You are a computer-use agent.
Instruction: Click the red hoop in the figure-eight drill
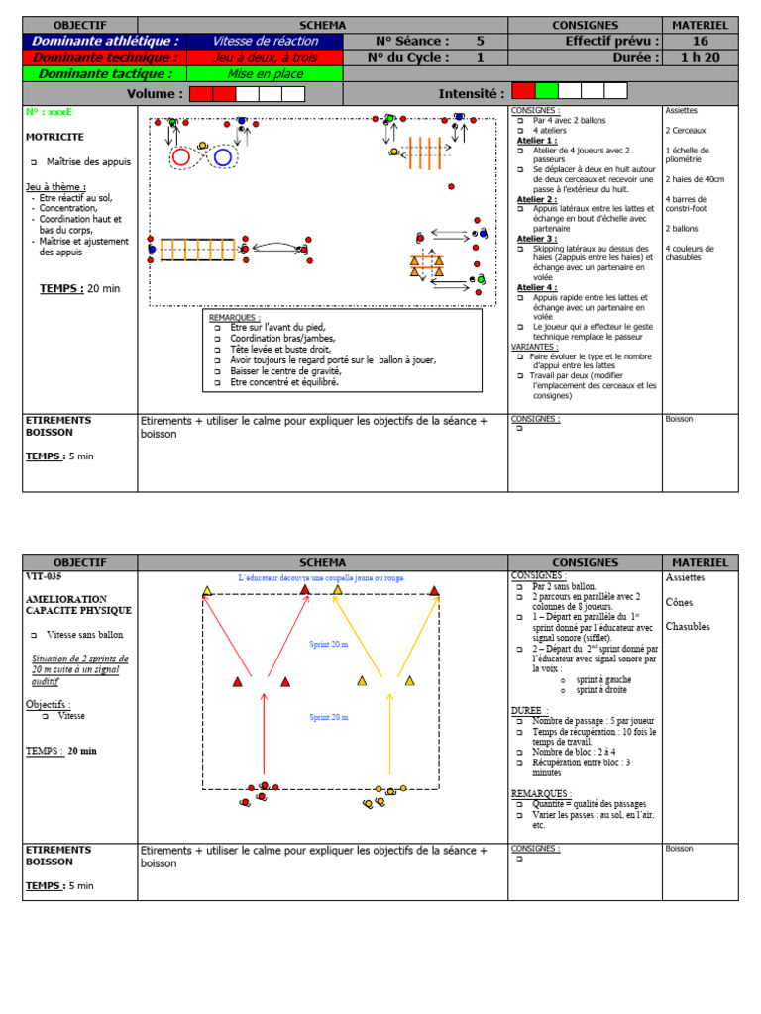[x=181, y=156]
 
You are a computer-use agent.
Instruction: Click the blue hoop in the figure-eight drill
[x=223, y=156]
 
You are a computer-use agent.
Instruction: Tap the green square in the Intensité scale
[x=546, y=91]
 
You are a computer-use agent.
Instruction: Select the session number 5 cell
[x=481, y=41]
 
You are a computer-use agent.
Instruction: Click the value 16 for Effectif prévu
[x=700, y=41]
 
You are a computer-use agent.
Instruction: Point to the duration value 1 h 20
[x=700, y=57]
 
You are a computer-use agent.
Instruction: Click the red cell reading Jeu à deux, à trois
[x=265, y=57]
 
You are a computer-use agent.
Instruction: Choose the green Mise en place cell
[x=265, y=73]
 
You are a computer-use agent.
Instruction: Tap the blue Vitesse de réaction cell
[x=265, y=41]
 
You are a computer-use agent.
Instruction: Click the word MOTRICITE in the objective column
[x=54, y=137]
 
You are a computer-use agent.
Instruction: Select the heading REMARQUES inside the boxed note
[x=233, y=317]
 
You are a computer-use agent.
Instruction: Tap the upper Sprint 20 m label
[x=329, y=644]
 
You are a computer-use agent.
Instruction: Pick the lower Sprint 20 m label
[x=329, y=716]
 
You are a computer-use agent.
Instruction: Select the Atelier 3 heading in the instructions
[x=537, y=239]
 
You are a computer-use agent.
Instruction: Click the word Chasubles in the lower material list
[x=688, y=626]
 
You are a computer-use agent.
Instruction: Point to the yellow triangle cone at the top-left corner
[x=207, y=591]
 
